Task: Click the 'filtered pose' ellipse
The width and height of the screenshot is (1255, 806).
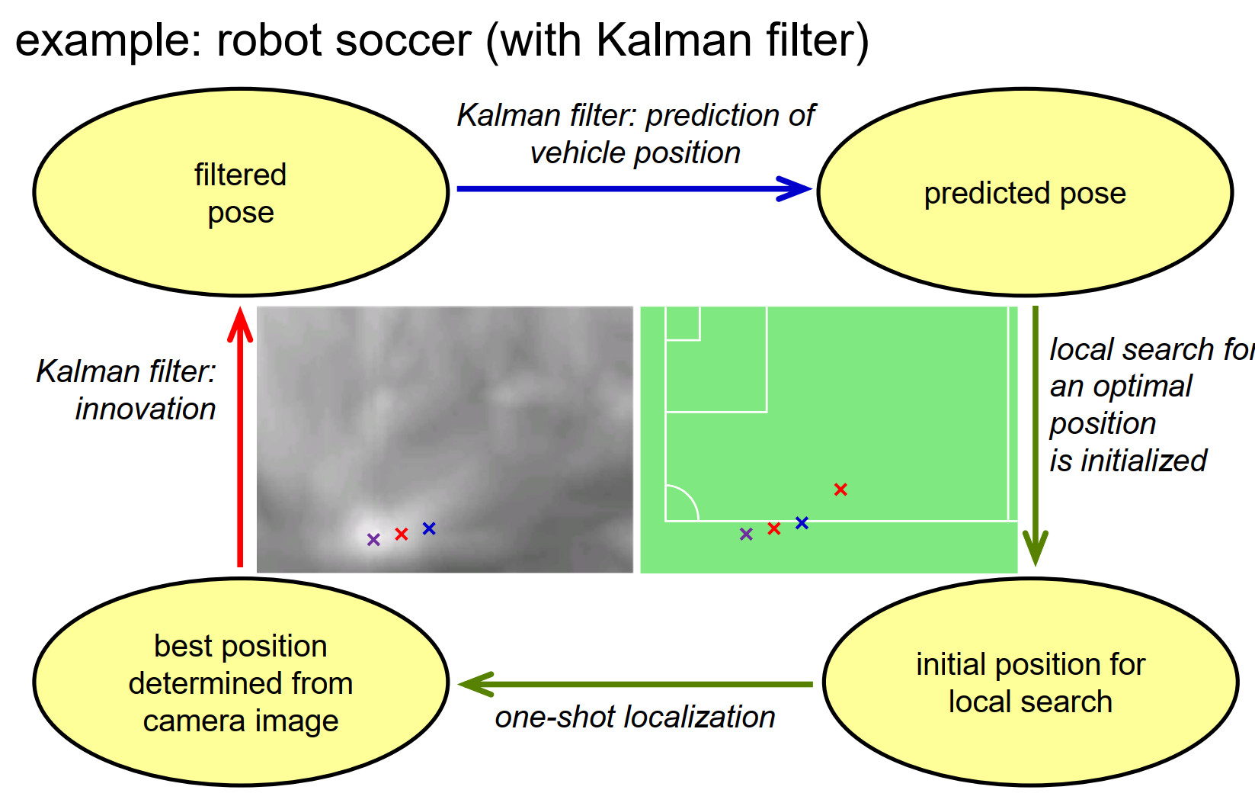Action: pyautogui.click(x=241, y=193)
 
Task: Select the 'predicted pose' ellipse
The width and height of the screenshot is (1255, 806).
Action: pyautogui.click(x=1025, y=193)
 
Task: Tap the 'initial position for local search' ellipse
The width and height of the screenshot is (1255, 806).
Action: pyautogui.click(x=1030, y=682)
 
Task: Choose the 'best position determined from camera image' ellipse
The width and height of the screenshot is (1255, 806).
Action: pyautogui.click(x=241, y=682)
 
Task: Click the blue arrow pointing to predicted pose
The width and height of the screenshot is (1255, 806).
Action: pyautogui.click(x=632, y=188)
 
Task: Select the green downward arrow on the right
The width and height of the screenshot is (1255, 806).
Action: pyautogui.click(x=1035, y=435)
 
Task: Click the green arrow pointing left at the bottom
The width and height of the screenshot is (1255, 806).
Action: pyautogui.click(x=636, y=684)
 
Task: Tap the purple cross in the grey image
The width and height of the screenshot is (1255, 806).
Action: pyautogui.click(x=373, y=540)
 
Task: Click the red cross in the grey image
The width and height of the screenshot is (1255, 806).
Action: pyautogui.click(x=402, y=535)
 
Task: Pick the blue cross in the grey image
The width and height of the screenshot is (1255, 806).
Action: pyautogui.click(x=429, y=528)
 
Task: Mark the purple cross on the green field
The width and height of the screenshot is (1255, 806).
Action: pyautogui.click(x=746, y=535)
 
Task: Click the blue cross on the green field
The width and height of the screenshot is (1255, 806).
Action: pyautogui.click(x=802, y=523)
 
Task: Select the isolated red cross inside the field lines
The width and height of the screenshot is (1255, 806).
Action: pyautogui.click(x=840, y=490)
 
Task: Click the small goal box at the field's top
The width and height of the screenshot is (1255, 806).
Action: pyautogui.click(x=683, y=323)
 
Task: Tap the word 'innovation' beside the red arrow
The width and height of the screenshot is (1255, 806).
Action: pyautogui.click(x=146, y=409)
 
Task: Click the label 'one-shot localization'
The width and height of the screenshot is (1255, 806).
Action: pyautogui.click(x=635, y=718)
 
